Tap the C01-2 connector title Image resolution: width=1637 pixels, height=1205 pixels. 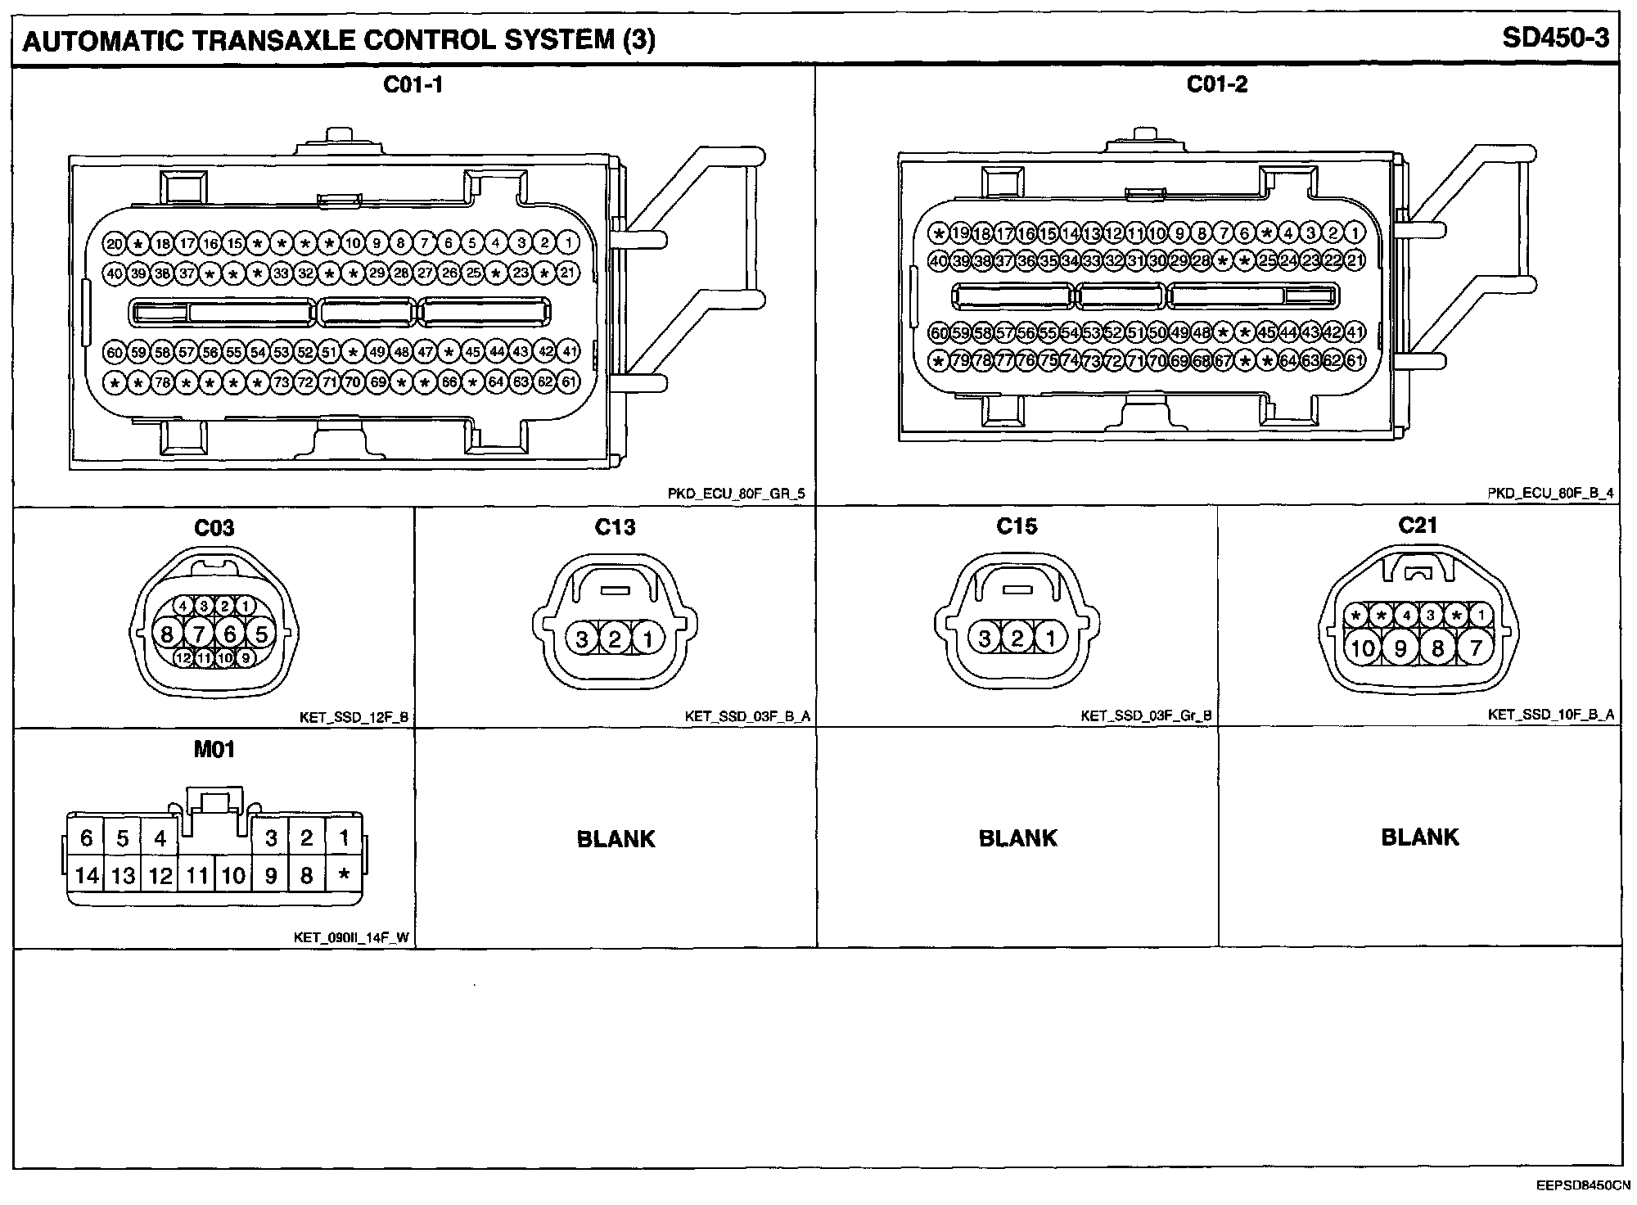(x=1217, y=84)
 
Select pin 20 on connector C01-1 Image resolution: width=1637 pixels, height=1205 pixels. (x=114, y=243)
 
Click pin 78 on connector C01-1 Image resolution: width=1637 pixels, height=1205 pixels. (x=162, y=381)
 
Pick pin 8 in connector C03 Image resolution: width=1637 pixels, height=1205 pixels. (x=167, y=634)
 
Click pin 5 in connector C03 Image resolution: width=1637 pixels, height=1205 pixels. (x=262, y=634)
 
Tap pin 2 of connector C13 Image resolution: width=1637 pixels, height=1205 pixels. (x=615, y=639)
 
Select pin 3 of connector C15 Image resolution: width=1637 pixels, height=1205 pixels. (x=985, y=639)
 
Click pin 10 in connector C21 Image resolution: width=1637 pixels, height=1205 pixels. (x=1363, y=649)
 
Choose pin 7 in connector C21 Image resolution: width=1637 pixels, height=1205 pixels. (x=1476, y=649)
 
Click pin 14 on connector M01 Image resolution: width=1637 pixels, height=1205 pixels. (x=87, y=876)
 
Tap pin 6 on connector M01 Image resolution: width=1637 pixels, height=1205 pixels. (x=87, y=838)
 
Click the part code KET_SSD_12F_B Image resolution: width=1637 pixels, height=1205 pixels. (x=354, y=718)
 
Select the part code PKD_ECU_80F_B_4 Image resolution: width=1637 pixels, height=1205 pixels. (x=1550, y=494)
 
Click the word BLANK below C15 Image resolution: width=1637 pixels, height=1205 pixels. (x=1017, y=838)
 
